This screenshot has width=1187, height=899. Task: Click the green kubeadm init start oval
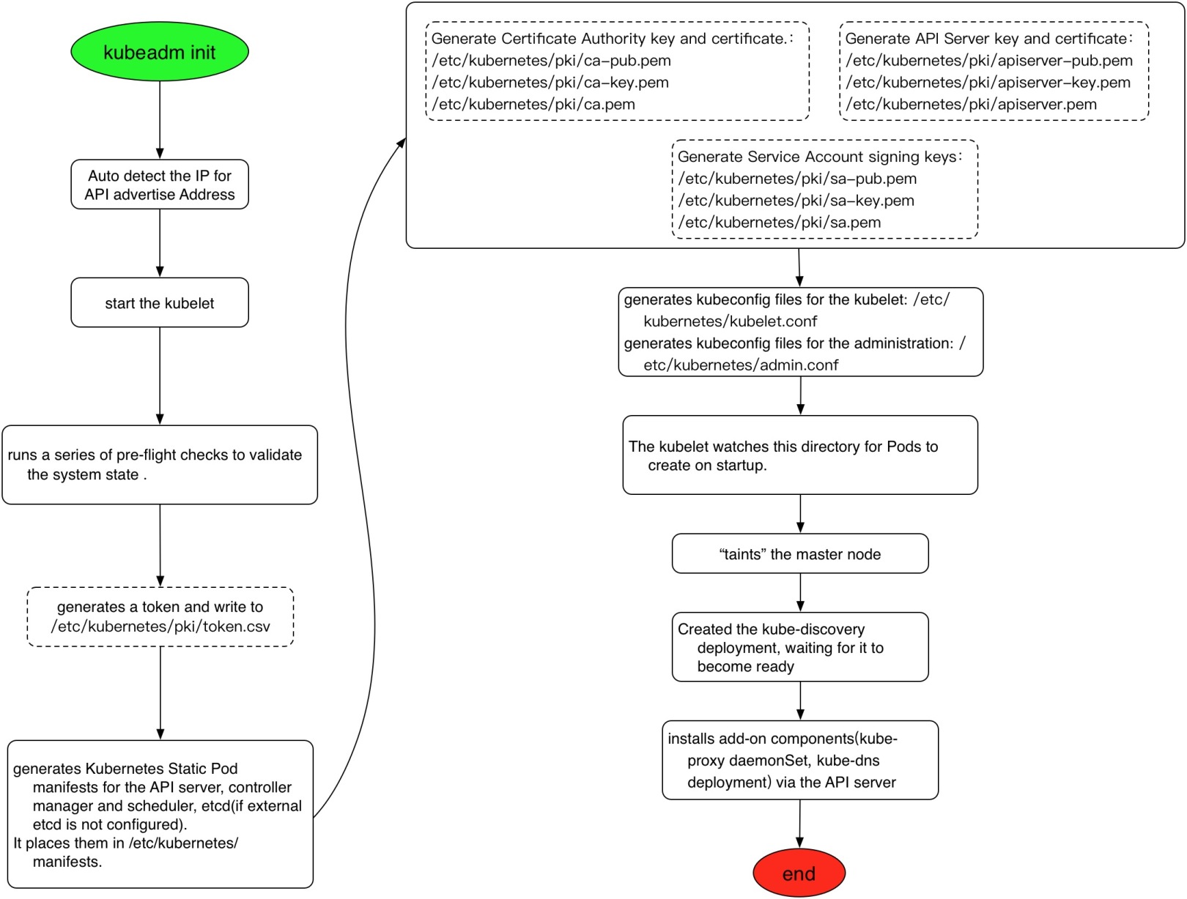[160, 52]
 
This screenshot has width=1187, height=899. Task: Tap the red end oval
[799, 873]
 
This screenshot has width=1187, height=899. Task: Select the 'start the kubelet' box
[160, 302]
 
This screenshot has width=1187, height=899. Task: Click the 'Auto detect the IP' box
[160, 184]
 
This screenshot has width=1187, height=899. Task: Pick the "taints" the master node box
[800, 554]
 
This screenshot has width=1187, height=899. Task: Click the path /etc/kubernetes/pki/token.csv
[160, 627]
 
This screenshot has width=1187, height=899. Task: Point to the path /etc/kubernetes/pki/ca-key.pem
[550, 83]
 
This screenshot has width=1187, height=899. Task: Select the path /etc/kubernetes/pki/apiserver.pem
[971, 105]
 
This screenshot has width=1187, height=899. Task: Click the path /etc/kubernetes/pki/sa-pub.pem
[797, 179]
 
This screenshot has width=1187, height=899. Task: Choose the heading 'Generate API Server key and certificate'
[988, 39]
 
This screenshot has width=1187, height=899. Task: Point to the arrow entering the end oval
[799, 824]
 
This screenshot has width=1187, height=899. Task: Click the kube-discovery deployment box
[800, 647]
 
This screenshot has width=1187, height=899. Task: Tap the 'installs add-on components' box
[800, 760]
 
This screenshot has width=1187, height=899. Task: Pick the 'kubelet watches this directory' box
[800, 455]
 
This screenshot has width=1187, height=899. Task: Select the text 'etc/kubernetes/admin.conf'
[741, 365]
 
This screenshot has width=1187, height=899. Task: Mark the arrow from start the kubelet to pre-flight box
[160, 376]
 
